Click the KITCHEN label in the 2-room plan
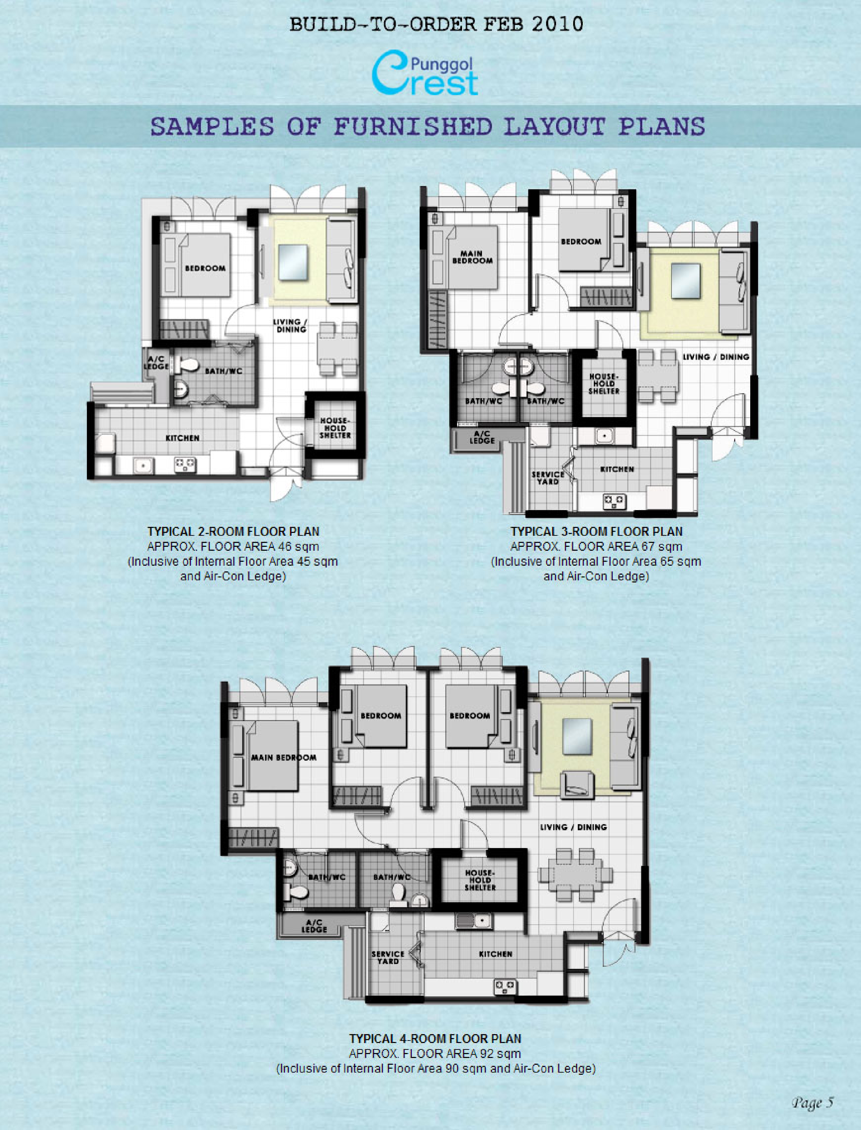(x=182, y=438)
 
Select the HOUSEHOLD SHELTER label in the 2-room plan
(x=335, y=428)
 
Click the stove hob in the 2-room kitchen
(x=185, y=464)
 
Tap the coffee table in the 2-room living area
(x=292, y=262)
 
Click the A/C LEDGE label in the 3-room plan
(x=482, y=437)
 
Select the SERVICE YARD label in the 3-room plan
(x=548, y=478)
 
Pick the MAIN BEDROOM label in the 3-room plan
(x=472, y=257)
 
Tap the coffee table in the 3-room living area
(x=686, y=281)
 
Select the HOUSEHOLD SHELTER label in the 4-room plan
(x=480, y=880)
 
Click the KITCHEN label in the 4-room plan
(x=495, y=954)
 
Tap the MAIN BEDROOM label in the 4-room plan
(x=284, y=757)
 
